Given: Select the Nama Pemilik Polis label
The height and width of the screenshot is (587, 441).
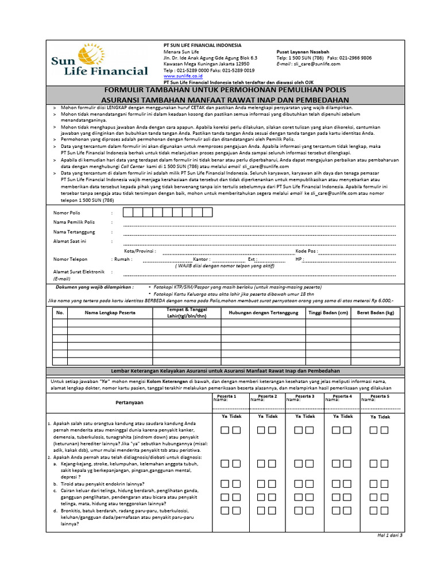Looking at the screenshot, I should point(74,222).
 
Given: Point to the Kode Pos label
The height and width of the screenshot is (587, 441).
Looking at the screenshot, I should point(306,251).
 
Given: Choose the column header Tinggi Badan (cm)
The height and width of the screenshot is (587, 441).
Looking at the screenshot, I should point(328,312).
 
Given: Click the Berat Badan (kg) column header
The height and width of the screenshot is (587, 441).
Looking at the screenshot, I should point(376,312).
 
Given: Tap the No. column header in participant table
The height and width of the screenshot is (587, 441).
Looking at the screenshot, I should point(60,312).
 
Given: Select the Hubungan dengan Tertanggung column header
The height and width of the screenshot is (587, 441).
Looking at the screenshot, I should point(263,312).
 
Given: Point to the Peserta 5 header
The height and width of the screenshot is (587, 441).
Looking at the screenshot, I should point(380,397).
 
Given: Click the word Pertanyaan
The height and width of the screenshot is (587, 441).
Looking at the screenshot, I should point(129,402).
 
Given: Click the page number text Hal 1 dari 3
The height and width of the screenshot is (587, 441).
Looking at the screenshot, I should point(389,535).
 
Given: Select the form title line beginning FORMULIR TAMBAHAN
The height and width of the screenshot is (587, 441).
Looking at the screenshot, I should point(225,90).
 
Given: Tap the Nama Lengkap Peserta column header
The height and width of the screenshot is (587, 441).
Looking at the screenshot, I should point(109,312).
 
